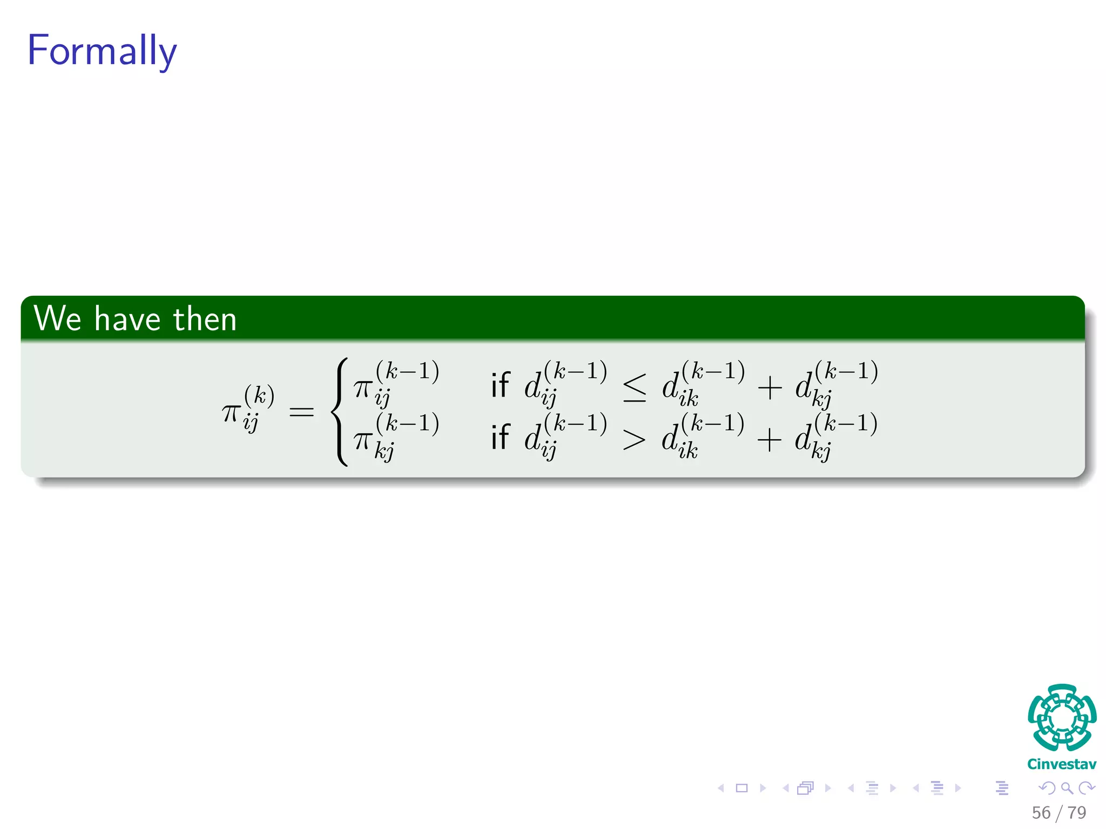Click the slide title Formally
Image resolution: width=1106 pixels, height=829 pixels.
102,51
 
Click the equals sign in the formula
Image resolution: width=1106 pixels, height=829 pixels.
301,413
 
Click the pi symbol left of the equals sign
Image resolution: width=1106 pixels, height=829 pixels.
231,413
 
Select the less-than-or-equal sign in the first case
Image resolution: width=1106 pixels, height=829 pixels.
635,388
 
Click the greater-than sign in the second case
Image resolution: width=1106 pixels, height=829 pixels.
634,439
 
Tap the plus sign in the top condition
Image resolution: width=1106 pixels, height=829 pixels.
770,388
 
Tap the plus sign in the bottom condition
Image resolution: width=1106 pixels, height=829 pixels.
770,439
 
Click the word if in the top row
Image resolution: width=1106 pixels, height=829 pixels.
500,385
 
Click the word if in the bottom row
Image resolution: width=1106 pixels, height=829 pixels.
500,437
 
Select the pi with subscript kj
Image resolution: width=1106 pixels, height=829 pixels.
364,440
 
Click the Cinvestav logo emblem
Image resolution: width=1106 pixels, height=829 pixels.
1062,717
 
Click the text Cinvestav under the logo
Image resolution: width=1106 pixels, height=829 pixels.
1062,764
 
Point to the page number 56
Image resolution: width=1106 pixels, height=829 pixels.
1041,813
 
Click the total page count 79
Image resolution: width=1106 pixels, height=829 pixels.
1077,813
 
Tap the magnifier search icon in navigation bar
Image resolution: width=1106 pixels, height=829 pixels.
1067,788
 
